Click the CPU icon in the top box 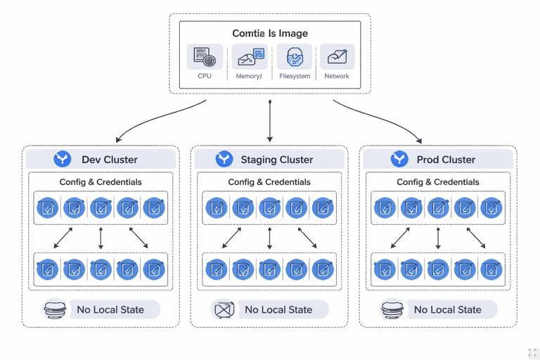pos(204,57)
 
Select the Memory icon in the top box pos(249,57)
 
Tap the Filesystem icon pos(294,57)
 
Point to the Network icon pos(337,57)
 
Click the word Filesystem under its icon pos(294,76)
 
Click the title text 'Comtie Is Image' pos(270,33)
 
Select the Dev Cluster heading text pos(110,160)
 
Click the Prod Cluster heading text pos(446,160)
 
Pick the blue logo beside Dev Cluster pos(63,159)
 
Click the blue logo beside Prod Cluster pos(400,159)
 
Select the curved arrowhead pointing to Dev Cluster pos(120,138)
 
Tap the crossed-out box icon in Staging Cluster pos(224,309)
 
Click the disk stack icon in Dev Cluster pos(55,309)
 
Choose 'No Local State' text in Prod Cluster pos(447,309)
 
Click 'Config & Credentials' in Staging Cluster pos(269,182)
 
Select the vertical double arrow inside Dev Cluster pos(101,238)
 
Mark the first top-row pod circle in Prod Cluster pos(385,208)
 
